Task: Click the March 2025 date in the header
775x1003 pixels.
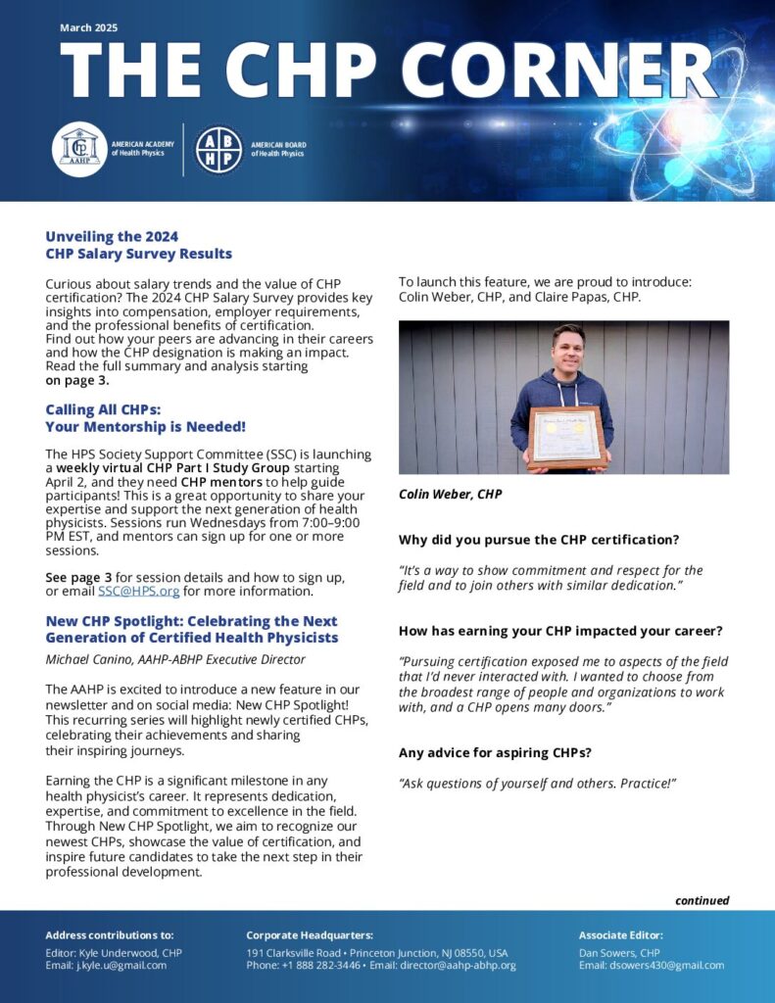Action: pos(88,27)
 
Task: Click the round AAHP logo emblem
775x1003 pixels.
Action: pos(79,149)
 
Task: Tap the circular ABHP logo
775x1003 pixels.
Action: pos(218,149)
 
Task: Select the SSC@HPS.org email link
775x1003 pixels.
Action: pos(138,592)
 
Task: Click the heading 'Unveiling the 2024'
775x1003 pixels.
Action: pos(112,236)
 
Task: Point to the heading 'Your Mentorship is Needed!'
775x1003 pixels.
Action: pos(145,427)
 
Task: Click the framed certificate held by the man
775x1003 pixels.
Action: pos(564,439)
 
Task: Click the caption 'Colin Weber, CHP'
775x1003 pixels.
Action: pos(450,495)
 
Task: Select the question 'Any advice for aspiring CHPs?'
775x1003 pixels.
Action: pos(496,753)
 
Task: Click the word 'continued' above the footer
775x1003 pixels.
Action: pos(702,900)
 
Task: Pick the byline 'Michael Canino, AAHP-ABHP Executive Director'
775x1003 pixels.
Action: pos(175,660)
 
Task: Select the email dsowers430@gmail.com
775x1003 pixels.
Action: pos(666,965)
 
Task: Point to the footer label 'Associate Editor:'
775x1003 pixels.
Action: pos(621,935)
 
